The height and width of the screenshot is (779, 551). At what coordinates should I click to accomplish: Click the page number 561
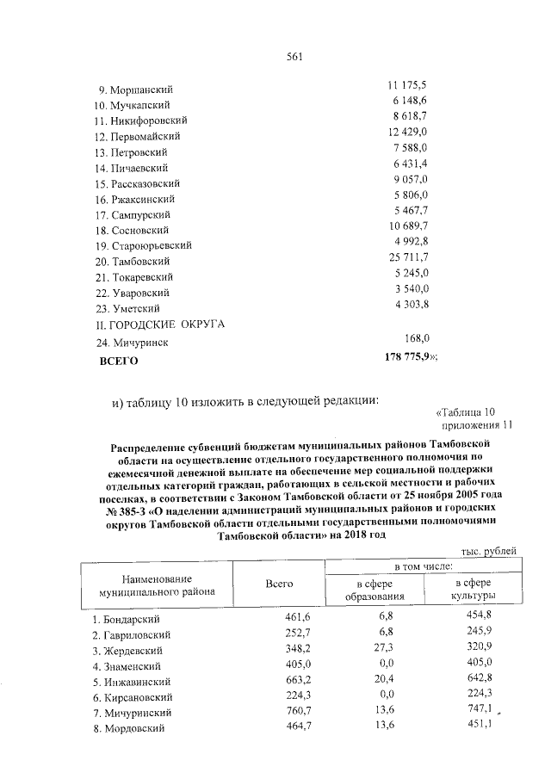[294, 58]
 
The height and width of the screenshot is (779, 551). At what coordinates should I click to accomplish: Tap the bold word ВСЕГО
[119, 362]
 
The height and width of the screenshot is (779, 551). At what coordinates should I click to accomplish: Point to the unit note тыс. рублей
[489, 550]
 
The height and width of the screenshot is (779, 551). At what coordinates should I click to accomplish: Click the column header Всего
[279, 584]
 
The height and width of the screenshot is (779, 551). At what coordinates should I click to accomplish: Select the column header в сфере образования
[375, 590]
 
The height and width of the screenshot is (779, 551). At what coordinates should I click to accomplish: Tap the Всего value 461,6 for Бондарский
[296, 617]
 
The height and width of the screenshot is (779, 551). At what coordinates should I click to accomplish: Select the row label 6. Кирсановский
[133, 697]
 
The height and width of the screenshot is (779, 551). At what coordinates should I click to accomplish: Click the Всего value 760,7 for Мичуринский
[296, 712]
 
